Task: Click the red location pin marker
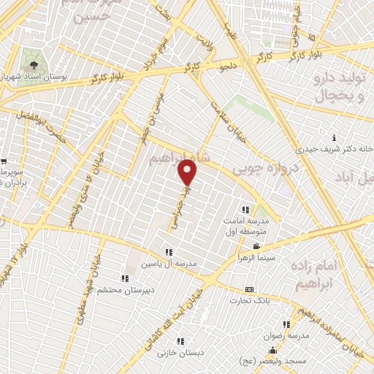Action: tap(188, 172)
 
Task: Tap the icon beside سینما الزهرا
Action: tap(256, 246)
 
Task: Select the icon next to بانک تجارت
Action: tap(250, 289)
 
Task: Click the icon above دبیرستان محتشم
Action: tap(125, 278)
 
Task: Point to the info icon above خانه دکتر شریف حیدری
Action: tap(334, 137)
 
